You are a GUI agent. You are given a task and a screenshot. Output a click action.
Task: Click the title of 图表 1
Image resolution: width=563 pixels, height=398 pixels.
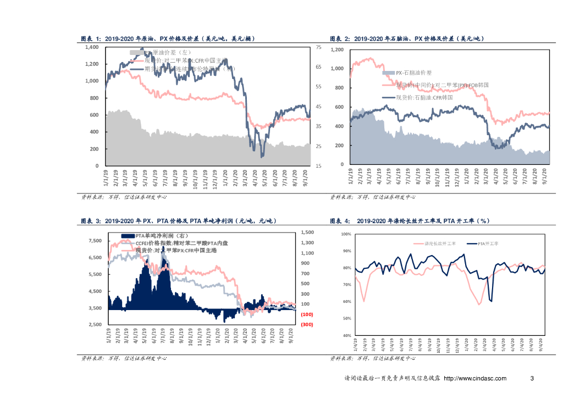[168, 39]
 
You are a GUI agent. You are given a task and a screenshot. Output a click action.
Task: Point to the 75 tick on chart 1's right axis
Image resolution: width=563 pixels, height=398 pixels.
[318, 48]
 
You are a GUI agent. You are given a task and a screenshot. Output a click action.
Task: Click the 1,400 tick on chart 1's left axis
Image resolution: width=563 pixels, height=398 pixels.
[91, 47]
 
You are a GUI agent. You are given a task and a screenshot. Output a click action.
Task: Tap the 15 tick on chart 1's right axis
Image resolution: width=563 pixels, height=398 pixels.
[318, 165]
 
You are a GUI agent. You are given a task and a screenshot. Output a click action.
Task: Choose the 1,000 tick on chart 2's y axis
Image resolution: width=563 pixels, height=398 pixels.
[336, 69]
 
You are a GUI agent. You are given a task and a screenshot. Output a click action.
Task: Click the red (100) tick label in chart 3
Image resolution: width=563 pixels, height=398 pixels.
[307, 314]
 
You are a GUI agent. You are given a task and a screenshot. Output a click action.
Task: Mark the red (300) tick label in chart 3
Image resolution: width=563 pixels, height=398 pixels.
[307, 325]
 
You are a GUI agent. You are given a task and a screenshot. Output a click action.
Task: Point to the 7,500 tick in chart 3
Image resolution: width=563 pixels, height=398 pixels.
[95, 241]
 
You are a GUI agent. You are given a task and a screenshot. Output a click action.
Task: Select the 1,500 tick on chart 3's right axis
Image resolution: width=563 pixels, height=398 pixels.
[307, 233]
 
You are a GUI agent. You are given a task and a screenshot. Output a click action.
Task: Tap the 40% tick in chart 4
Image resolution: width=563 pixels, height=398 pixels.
[346, 335]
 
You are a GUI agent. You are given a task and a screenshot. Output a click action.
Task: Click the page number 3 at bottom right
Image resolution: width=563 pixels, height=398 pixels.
[532, 379]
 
